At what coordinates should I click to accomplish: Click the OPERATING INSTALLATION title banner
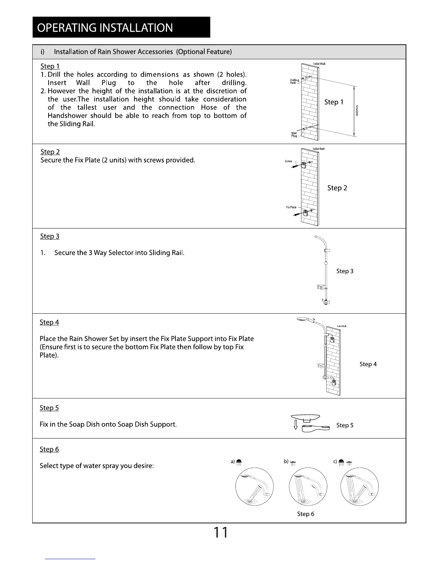(121, 27)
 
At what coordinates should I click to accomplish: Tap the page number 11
(220, 533)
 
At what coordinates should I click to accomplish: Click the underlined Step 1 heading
(50, 66)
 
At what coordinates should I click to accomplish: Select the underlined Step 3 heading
(50, 236)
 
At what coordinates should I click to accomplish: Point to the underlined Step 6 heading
(49, 450)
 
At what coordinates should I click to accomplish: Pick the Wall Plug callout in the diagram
(294, 134)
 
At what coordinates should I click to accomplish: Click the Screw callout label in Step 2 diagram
(288, 161)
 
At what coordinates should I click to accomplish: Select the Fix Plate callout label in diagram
(291, 207)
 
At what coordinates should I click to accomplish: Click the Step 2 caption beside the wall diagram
(337, 188)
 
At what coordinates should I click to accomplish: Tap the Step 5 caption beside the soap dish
(345, 425)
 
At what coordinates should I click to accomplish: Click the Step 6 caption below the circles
(306, 514)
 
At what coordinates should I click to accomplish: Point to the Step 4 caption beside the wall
(368, 364)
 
